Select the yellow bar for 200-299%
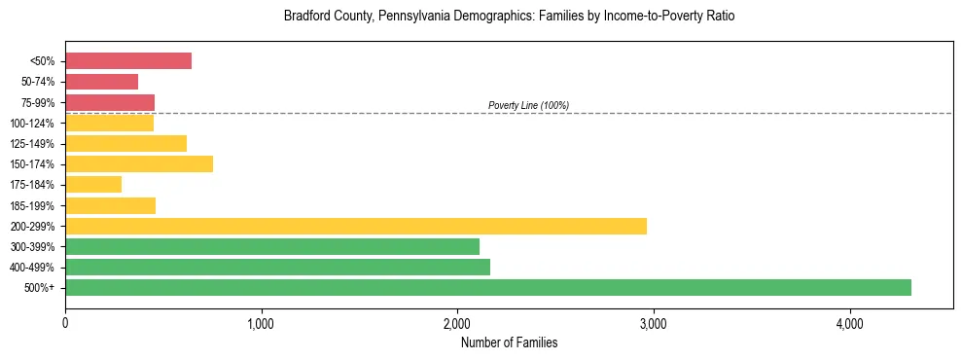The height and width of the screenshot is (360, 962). point(356,226)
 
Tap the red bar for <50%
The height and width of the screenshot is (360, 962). point(128,61)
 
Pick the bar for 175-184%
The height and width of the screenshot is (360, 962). point(93,184)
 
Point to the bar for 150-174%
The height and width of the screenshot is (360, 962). point(139,163)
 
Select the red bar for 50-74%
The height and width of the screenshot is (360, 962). point(102,82)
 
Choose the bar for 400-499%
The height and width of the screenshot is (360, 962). point(277,267)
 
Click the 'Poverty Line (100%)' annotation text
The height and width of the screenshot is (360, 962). point(528,105)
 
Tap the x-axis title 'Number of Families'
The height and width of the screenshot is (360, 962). point(509,342)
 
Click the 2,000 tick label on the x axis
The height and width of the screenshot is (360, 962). point(457,323)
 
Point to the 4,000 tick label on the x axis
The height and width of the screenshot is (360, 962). point(849,323)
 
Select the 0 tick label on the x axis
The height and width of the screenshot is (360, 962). point(65,323)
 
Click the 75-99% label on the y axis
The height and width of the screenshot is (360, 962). point(38,103)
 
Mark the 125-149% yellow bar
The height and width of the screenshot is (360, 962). point(125,143)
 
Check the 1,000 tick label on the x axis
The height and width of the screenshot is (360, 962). point(261,323)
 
